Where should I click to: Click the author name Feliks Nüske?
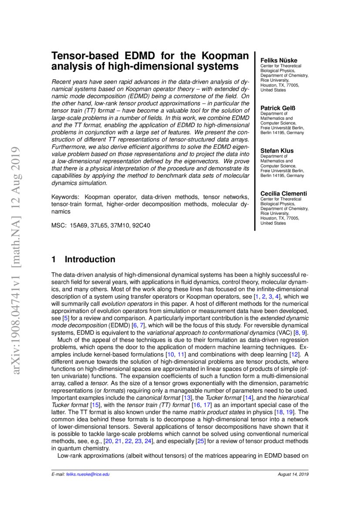coord(279,60)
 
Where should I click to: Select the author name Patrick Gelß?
coord(277,108)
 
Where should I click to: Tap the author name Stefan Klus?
coord(277,150)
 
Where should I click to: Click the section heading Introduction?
coord(90,260)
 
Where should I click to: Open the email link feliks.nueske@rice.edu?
coord(87,474)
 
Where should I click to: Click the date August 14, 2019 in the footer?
coord(293,474)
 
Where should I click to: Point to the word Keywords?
coord(65,196)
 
